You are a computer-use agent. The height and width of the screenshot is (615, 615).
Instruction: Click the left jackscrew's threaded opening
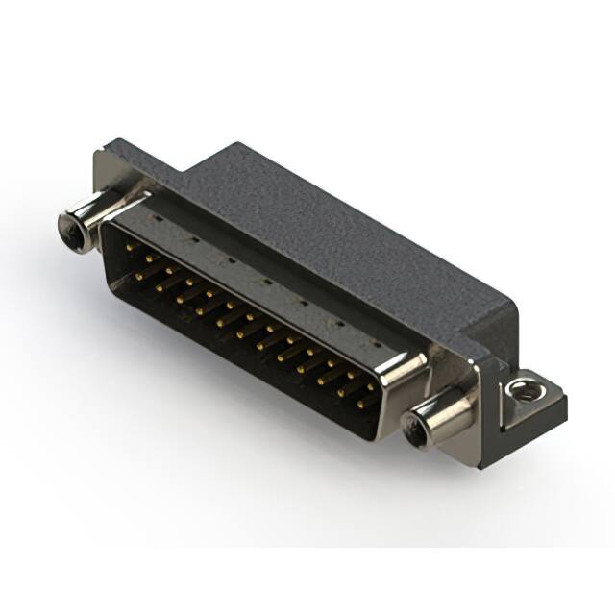pyautogui.click(x=70, y=229)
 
